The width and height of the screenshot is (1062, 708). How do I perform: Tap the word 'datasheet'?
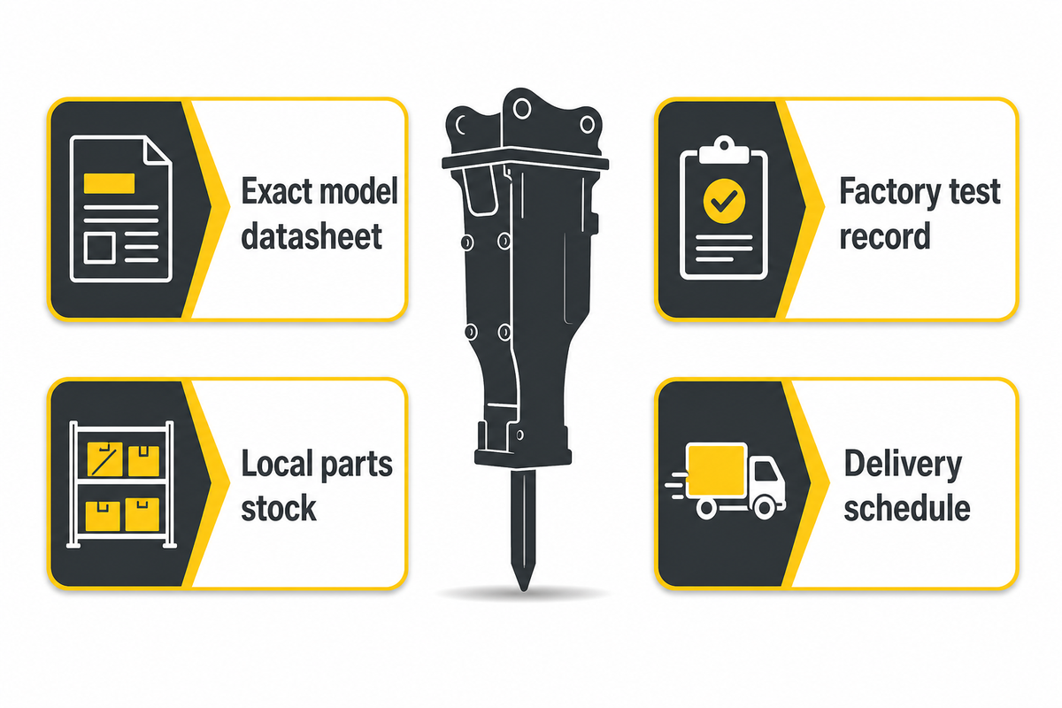tap(312, 236)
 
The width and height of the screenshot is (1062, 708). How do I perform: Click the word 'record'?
tap(885, 236)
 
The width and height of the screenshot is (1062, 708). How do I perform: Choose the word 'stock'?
tap(279, 508)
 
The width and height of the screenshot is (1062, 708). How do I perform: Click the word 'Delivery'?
tap(904, 466)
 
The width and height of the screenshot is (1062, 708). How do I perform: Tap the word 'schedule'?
tap(907, 508)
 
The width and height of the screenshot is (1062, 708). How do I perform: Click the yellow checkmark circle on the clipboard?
tap(724, 201)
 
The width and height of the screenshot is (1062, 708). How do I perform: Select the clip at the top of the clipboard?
tap(724, 150)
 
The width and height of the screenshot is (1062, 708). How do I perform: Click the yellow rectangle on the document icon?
tap(109, 183)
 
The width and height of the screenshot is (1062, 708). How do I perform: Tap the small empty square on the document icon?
tap(99, 248)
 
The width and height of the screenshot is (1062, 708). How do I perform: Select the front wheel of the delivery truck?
tap(765, 508)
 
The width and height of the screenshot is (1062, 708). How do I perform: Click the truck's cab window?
tap(765, 472)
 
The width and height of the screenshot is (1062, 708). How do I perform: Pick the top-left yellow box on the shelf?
tap(104, 459)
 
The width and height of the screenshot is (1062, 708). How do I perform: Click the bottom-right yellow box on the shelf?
tap(142, 514)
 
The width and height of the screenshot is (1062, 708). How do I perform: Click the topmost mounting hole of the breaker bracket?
tap(522, 109)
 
